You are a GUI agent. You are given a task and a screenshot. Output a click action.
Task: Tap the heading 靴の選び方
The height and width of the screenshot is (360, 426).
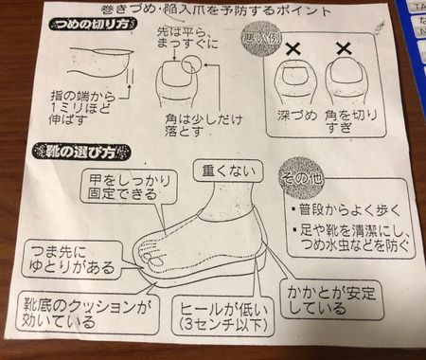[75, 152]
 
